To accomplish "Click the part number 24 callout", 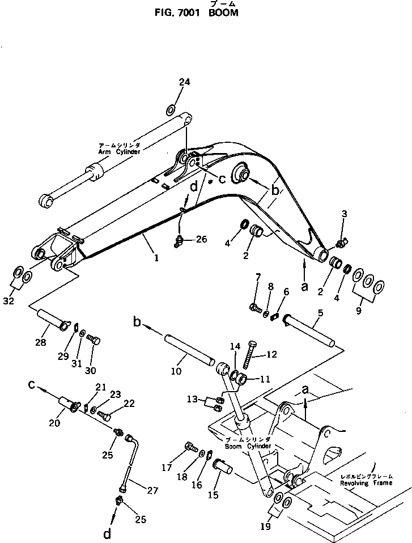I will [x=185, y=82].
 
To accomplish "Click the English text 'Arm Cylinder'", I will [x=119, y=152].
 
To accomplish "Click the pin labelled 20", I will [x=67, y=407].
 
